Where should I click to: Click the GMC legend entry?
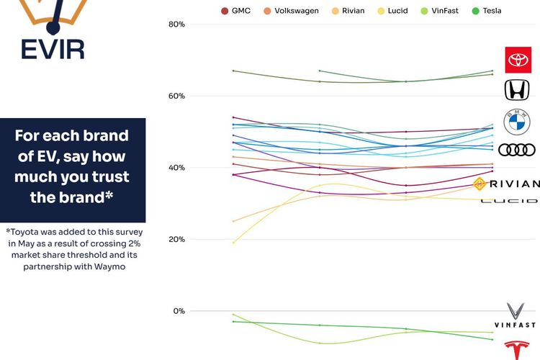pos(236,11)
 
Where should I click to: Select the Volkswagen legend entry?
pos(292,11)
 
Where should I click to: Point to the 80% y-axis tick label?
pos(176,24)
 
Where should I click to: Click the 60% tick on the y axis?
pos(176,96)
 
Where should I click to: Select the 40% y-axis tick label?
pos(176,168)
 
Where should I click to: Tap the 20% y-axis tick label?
pos(176,239)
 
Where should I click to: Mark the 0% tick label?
pos(179,311)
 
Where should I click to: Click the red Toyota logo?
pos(517,60)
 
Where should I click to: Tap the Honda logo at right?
pos(516,90)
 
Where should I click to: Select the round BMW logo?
pos(516,122)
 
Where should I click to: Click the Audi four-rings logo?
pos(516,150)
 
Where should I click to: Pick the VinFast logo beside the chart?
pos(516,315)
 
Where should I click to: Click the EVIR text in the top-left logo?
pos(52,49)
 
